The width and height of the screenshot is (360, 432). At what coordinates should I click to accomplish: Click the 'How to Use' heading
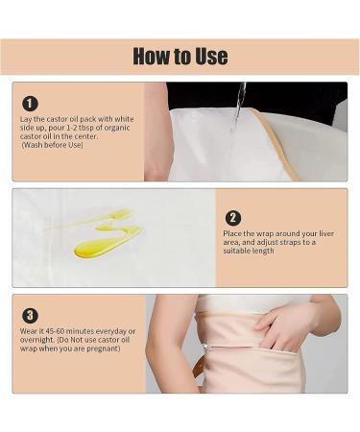pyautogui.click(x=180, y=56)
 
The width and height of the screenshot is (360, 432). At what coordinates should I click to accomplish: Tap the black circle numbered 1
pyautogui.click(x=31, y=104)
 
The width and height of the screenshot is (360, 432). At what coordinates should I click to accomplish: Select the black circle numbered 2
pyautogui.click(x=233, y=218)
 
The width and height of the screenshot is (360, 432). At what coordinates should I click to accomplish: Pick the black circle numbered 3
pyautogui.click(x=31, y=314)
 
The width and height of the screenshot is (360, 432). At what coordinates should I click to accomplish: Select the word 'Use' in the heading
pyautogui.click(x=208, y=56)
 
